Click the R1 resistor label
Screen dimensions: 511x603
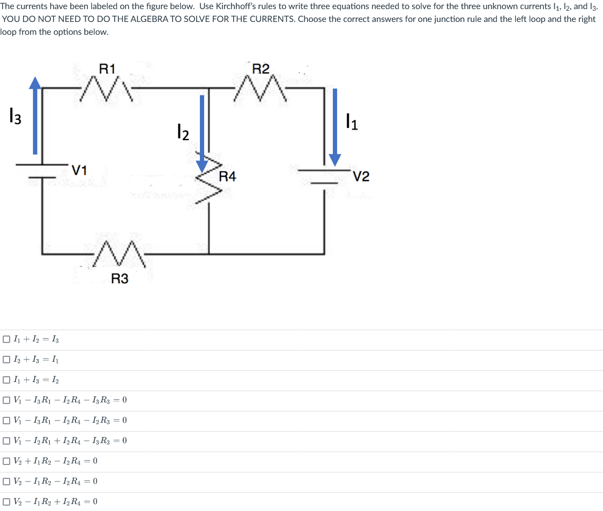[x=107, y=68]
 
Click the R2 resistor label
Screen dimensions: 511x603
[x=261, y=68]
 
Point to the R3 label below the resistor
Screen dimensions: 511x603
[x=120, y=278]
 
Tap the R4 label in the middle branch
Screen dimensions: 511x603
[x=227, y=177]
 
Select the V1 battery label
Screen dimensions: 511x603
[x=80, y=170]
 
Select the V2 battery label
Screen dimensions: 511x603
[x=362, y=177]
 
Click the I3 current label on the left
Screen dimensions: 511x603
[x=15, y=116]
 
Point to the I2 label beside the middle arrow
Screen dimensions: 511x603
[x=183, y=131]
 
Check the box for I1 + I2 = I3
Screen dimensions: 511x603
[x=6, y=339]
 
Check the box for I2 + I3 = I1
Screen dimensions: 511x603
[x=6, y=360]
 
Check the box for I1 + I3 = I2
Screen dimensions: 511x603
[x=6, y=380]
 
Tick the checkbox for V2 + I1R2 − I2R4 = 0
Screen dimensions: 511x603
[x=6, y=461]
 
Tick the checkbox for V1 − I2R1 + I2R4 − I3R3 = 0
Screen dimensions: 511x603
[x=6, y=441]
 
